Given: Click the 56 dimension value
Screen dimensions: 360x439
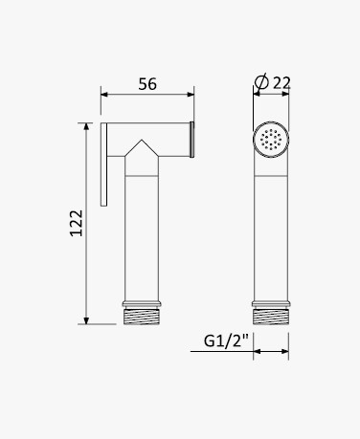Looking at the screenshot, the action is pos(147,84).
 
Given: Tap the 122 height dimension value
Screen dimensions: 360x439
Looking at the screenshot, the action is pos(77,223).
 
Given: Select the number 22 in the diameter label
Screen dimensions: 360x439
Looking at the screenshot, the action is pos(281,83).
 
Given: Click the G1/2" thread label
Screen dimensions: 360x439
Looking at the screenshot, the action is pos(226,340).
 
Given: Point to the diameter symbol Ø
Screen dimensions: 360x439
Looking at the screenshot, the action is pos(261,82).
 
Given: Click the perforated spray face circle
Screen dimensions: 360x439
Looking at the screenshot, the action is pos(271,140).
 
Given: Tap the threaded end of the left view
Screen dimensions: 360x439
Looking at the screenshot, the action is pos(142,317).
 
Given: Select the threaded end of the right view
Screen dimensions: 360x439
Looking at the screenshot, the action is pos(271,317).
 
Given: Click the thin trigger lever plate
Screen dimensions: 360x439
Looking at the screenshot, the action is pos(103,165).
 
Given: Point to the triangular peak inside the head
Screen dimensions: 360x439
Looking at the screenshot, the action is pos(142,140).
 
